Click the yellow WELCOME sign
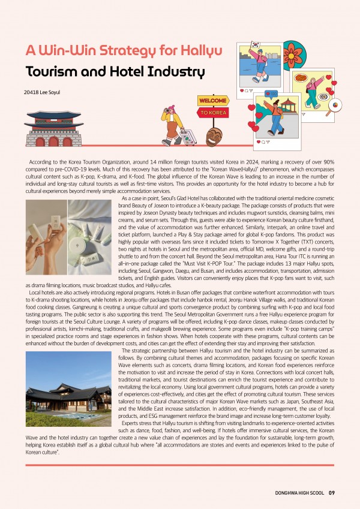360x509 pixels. pos(212,101)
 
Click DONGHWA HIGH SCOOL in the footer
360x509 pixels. pos(296,493)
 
